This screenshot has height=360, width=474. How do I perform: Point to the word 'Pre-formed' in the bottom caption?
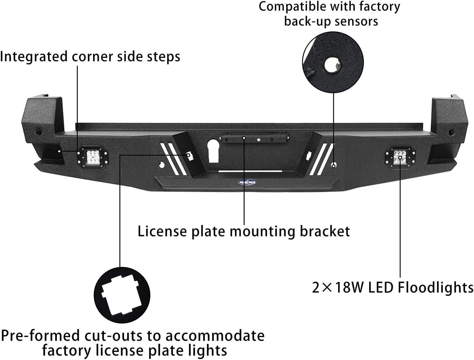(x=40, y=336)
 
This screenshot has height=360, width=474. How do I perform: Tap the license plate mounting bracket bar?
(x=254, y=139)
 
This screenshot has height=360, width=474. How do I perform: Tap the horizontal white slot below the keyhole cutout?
(x=250, y=171)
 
